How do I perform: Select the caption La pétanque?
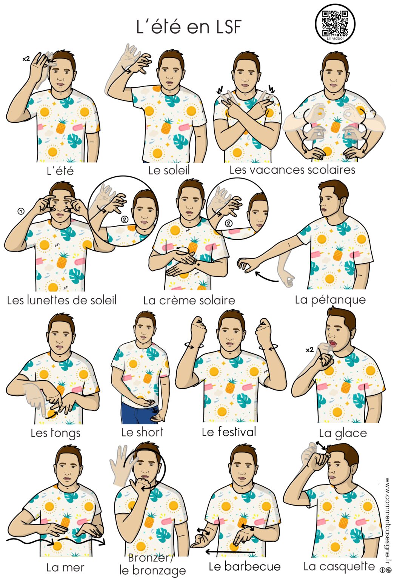(330, 300)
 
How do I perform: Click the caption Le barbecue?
(245, 566)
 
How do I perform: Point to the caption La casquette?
(339, 566)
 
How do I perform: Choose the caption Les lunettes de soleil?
(62, 300)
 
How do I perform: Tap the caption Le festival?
(229, 432)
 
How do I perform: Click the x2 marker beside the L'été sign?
(26, 59)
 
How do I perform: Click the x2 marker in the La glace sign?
(309, 350)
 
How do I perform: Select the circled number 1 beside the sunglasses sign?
(21, 211)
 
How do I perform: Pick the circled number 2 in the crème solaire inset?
(228, 223)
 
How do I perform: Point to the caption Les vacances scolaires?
(292, 170)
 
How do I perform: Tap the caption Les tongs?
(55, 433)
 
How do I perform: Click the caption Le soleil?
(169, 170)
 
